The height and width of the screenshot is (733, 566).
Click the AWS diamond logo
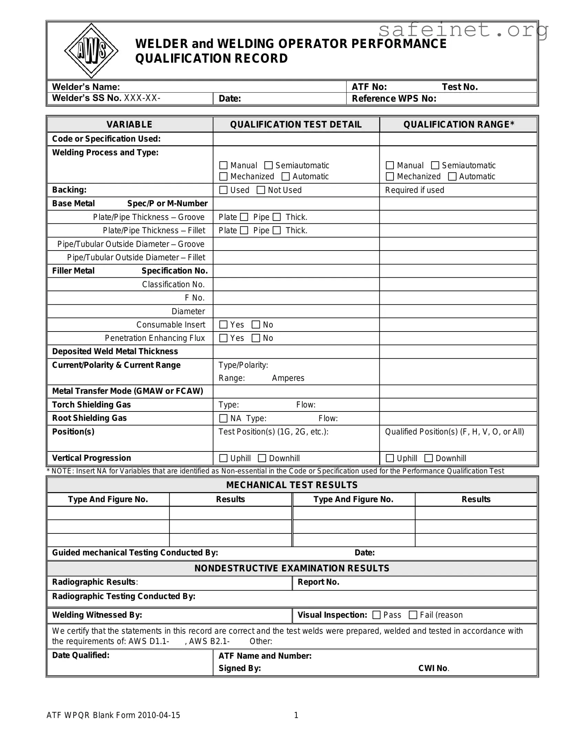pyautogui.click(x=91, y=51)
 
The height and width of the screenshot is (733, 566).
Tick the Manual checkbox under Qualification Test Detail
pyautogui.click(x=223, y=165)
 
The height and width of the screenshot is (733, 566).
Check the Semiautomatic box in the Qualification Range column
pyautogui.click(x=435, y=165)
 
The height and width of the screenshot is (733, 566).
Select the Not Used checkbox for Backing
pyautogui.click(x=261, y=190)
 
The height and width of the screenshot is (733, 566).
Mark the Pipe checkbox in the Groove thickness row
pyautogui.click(x=277, y=217)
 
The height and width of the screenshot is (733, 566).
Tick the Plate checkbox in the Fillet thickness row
pyautogui.click(x=244, y=230)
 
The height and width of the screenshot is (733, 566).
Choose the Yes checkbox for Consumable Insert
pyautogui.click(x=223, y=325)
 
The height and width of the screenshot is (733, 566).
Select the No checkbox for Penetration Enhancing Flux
pyautogui.click(x=256, y=338)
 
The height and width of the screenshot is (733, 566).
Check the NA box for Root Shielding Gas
pyautogui.click(x=223, y=418)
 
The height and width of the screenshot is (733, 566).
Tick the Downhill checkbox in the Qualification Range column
pyautogui.click(x=429, y=458)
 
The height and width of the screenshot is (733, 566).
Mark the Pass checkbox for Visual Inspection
pyautogui.click(x=377, y=615)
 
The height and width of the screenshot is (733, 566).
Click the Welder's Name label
pyautogui.click(x=86, y=87)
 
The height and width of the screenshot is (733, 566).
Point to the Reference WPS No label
pyautogui.click(x=394, y=99)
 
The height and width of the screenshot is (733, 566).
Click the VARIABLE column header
pyautogui.click(x=129, y=124)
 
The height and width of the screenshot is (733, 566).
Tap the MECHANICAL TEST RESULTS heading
pyautogui.click(x=292, y=485)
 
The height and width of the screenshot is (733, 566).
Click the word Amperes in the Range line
pyautogui.click(x=288, y=378)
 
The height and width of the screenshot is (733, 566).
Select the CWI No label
pyautogui.click(x=433, y=668)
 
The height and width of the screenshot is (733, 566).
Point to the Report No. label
pyautogui.click(x=318, y=582)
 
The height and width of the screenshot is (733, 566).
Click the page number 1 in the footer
pyautogui.click(x=296, y=715)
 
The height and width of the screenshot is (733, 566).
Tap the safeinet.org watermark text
pyautogui.click(x=463, y=30)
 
